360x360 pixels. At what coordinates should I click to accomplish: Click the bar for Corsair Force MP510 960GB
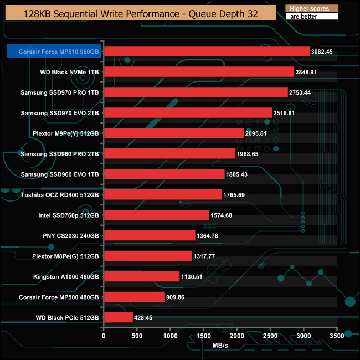coord(207,52)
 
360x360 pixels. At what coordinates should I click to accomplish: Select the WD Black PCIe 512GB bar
coord(118,317)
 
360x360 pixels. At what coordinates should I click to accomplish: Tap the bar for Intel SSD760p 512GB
coord(156,215)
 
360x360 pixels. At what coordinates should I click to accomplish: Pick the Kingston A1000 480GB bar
coord(141,276)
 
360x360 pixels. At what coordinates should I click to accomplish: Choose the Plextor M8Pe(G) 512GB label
coord(65,256)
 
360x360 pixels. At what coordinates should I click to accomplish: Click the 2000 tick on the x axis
coord(237,336)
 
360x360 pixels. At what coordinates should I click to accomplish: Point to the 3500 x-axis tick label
coord(337,336)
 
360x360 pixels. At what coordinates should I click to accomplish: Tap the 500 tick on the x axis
coord(137,336)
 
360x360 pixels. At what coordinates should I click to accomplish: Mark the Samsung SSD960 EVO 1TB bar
coord(164,174)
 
